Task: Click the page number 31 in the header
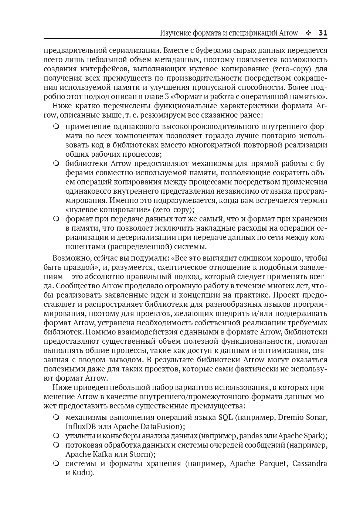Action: pyautogui.click(x=323, y=33)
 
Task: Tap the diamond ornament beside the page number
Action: pyautogui.click(x=308, y=33)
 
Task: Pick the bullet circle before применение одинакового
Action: pyautogui.click(x=56, y=126)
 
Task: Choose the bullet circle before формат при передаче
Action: pyautogui.click(x=56, y=219)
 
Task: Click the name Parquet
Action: pyautogui.click(x=272, y=463)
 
